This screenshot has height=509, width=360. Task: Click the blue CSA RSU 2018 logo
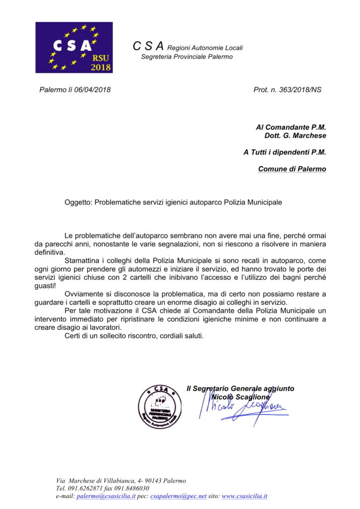pyautogui.click(x=74, y=47)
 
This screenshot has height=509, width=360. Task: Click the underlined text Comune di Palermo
pyautogui.click(x=292, y=169)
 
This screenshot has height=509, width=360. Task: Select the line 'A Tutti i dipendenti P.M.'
pyautogui.click(x=284, y=153)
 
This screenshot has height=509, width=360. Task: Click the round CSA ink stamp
pyautogui.click(x=159, y=406)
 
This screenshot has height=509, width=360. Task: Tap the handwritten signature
pyautogui.click(x=244, y=410)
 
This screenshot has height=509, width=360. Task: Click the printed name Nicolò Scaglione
pyautogui.click(x=240, y=397)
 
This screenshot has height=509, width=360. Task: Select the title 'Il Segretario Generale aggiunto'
pyautogui.click(x=240, y=388)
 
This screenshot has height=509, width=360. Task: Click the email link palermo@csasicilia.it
pyautogui.click(x=106, y=496)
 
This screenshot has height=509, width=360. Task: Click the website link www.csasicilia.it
pyautogui.click(x=245, y=496)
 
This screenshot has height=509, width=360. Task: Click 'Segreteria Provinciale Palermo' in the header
pyautogui.click(x=187, y=57)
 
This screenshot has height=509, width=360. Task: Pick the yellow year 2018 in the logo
pyautogui.click(x=100, y=67)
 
